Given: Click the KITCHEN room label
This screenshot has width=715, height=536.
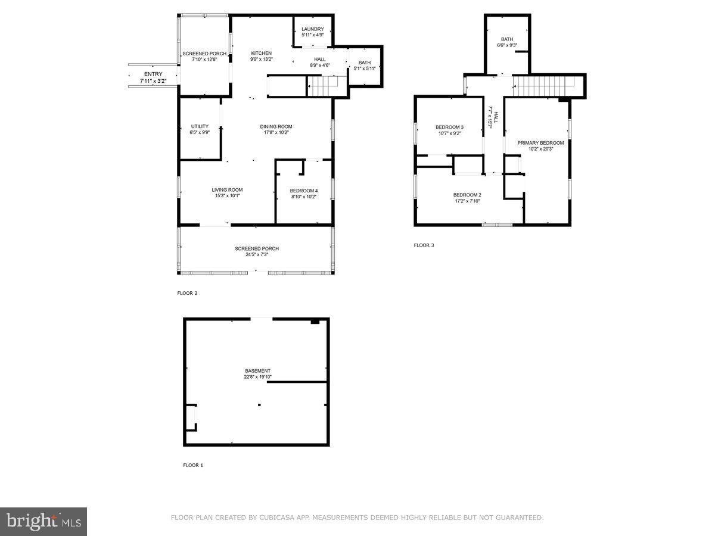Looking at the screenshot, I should [x=261, y=54].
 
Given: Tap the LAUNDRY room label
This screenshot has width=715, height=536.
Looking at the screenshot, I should [x=312, y=29].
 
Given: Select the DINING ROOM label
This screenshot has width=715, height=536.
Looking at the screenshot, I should [x=276, y=126].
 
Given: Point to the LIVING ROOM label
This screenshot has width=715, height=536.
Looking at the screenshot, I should [x=227, y=190].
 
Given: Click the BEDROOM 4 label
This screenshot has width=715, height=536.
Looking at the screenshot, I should [x=303, y=191].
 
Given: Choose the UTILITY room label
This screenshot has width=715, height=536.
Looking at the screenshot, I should [x=200, y=126].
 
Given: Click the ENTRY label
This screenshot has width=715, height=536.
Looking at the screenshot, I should [x=153, y=74].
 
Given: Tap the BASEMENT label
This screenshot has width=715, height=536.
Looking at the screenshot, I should [x=257, y=371].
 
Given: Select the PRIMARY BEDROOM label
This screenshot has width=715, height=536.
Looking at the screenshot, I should [x=540, y=143].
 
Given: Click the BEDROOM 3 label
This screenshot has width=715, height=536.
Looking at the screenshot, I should [x=449, y=127].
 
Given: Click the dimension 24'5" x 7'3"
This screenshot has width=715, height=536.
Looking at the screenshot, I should [x=256, y=255].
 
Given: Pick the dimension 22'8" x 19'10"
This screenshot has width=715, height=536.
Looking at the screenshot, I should [x=257, y=377].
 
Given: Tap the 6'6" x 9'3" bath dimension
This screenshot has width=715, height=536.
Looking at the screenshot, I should [x=506, y=45].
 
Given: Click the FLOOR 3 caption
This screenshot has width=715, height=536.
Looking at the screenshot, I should [x=424, y=245].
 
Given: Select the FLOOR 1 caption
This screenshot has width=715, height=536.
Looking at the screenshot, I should [x=192, y=465].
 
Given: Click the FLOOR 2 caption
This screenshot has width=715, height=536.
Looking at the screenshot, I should [x=187, y=293].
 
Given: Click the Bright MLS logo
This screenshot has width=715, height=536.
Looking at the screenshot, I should [x=43, y=521].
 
